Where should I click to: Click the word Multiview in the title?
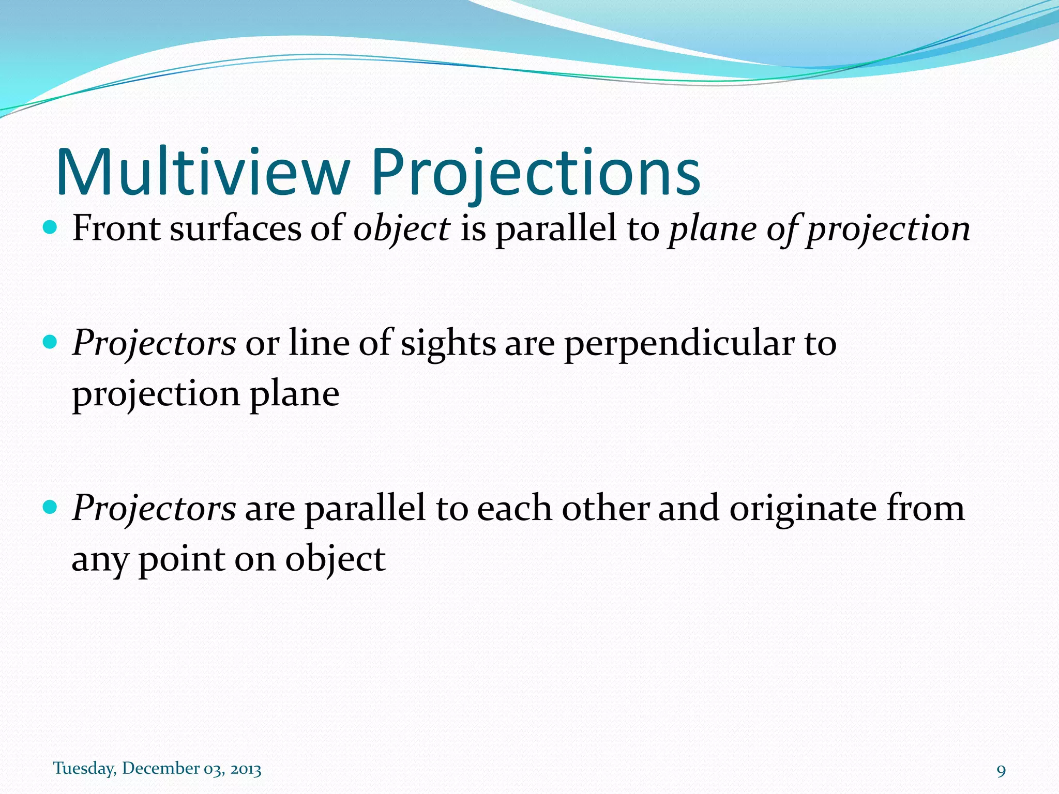coord(203,172)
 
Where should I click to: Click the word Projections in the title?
coord(535,172)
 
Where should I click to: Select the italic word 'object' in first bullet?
coord(401,228)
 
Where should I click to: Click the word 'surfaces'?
coord(235,228)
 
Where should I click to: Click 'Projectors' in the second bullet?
coord(154,343)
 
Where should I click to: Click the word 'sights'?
coord(448,343)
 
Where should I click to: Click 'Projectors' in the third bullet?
coord(154,509)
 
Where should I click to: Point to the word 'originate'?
coord(803,509)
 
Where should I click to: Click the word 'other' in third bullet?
coord(605,509)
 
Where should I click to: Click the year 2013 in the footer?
coord(246,770)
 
